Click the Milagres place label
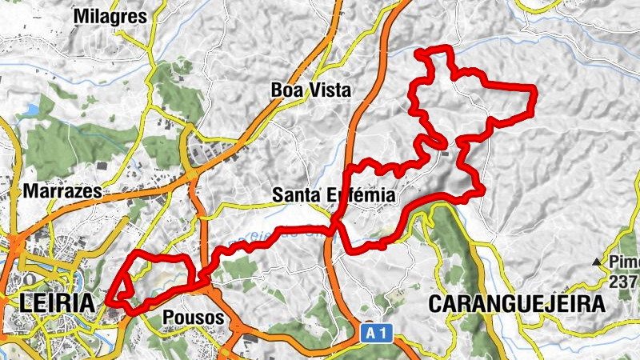[110, 17]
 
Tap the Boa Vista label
[311, 90]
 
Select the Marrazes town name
[63, 192]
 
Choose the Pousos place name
[190, 318]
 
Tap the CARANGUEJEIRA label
[517, 304]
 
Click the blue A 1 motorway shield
[376, 332]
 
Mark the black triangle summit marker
[596, 262]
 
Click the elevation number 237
[624, 282]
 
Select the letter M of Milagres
[81, 17]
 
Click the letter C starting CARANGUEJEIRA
[436, 304]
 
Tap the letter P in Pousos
[167, 318]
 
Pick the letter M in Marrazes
[31, 192]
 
